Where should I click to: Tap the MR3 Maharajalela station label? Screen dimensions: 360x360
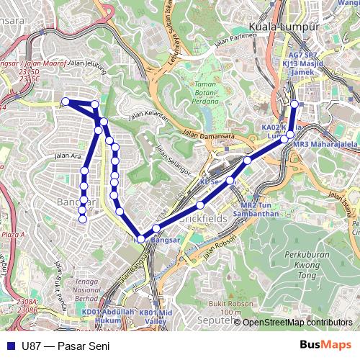click(325, 144)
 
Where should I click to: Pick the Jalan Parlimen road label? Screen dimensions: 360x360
click(235, 35)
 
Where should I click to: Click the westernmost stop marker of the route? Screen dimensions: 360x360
click(65, 102)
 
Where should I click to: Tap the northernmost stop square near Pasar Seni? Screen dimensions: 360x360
click(294, 102)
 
